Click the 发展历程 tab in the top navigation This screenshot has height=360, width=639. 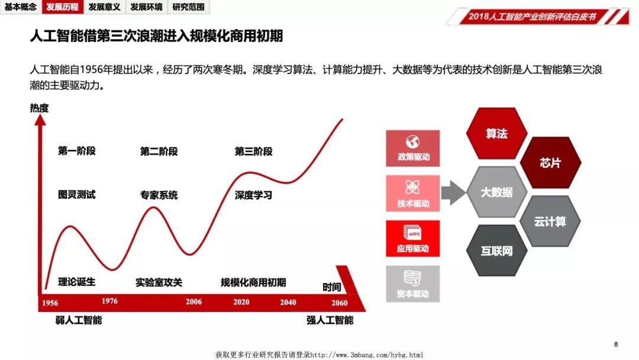(63, 7)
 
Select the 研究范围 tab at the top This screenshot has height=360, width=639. (189, 7)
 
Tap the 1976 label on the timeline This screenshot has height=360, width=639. (109, 301)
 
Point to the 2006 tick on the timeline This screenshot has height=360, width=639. (193, 302)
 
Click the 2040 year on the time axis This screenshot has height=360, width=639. (288, 302)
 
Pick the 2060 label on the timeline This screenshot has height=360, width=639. (339, 303)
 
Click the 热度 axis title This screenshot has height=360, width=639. (39, 108)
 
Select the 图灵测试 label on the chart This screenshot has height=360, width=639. (76, 194)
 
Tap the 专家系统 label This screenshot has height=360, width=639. (159, 195)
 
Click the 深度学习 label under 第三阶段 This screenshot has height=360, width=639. (253, 195)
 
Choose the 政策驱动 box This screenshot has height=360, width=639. (413, 149)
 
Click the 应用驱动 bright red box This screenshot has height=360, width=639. (413, 239)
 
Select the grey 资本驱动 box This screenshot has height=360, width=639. (413, 284)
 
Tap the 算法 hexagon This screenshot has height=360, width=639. (496, 134)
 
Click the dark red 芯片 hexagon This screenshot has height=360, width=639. (550, 163)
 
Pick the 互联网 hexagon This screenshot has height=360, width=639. (496, 250)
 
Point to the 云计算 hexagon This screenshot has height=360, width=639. (550, 221)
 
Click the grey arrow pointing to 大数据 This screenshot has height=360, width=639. (453, 192)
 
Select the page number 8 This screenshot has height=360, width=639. (616, 345)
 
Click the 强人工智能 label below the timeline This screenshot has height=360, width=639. (330, 320)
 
